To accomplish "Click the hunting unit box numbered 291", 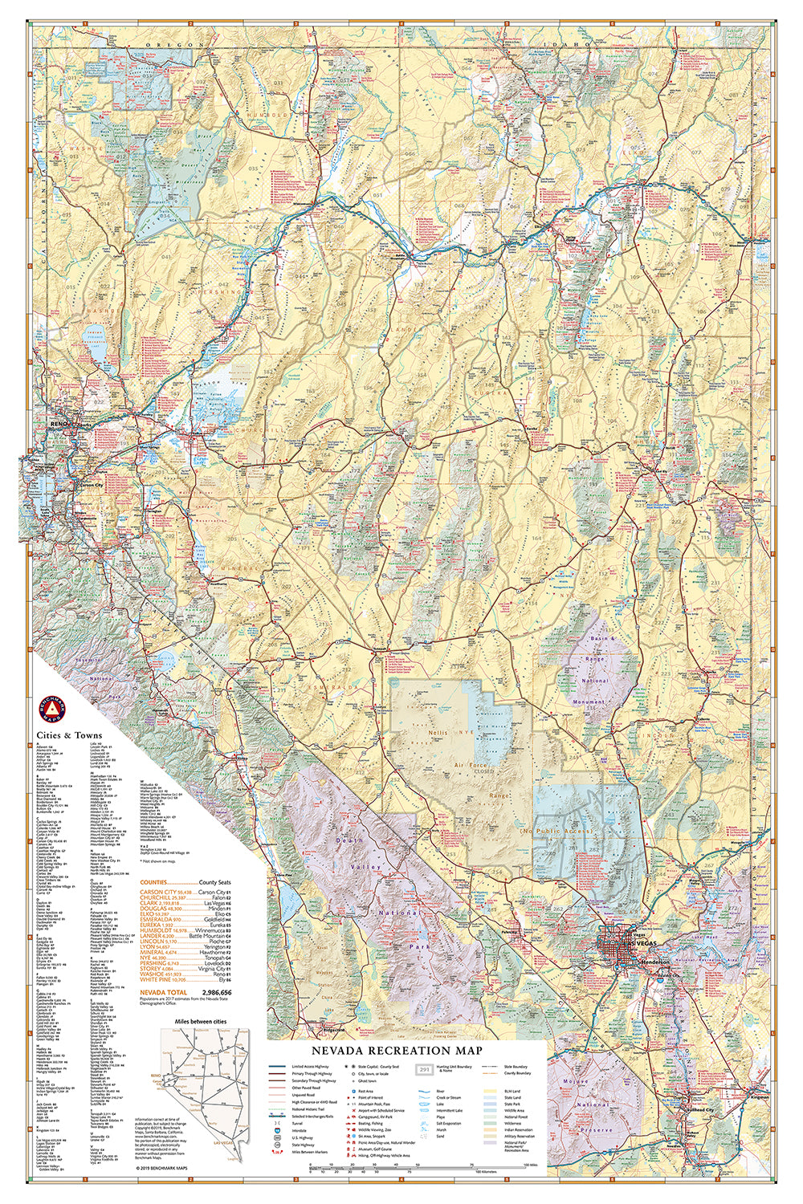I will (x=424, y=1069).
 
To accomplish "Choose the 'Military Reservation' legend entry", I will (x=520, y=1136).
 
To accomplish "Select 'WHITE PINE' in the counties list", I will (x=155, y=980).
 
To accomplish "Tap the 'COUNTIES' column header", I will (x=153, y=882).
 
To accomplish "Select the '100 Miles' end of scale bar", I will (x=529, y=1163).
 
